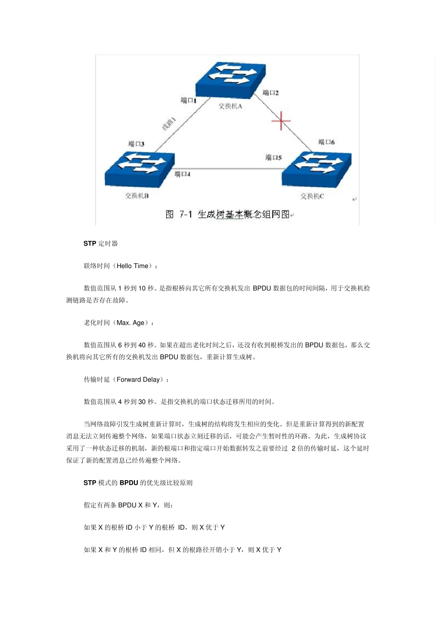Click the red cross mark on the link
281,121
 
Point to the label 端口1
188,100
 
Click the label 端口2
270,93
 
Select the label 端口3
136,144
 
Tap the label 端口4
182,174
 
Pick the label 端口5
274,157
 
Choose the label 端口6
326,142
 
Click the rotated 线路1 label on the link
169,123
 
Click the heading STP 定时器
101,243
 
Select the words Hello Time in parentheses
132,266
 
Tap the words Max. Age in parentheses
130,323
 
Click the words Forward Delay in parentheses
138,380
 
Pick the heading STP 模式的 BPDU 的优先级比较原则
138,482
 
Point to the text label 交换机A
230,106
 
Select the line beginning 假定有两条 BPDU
128,505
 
